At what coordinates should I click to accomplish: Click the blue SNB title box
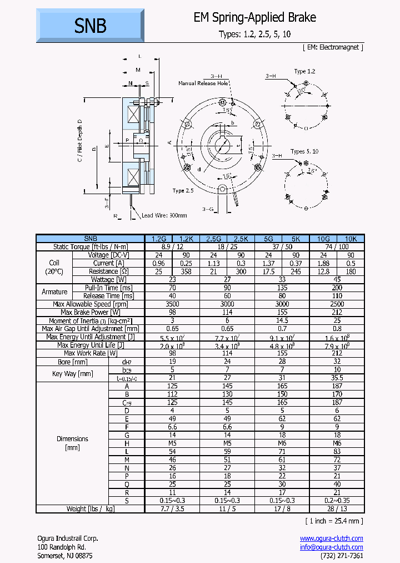tap(90, 26)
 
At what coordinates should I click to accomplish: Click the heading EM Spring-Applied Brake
tap(254, 18)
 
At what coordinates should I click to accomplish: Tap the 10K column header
tap(351, 238)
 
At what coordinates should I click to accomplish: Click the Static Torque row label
tap(90, 246)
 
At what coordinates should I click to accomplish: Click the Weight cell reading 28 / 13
tap(337, 508)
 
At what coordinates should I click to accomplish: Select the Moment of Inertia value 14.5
tap(282, 320)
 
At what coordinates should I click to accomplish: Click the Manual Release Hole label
tap(203, 83)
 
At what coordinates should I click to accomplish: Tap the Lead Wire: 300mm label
tap(164, 215)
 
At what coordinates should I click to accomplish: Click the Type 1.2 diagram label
tap(304, 72)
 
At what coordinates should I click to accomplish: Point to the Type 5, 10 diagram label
tap(304, 151)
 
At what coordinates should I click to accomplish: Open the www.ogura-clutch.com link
tap(331, 538)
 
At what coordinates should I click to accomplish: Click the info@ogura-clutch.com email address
tap(331, 547)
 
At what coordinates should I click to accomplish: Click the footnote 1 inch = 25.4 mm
tap(333, 521)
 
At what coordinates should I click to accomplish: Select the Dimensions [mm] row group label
tap(72, 443)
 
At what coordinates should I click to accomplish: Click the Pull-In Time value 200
tap(337, 288)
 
